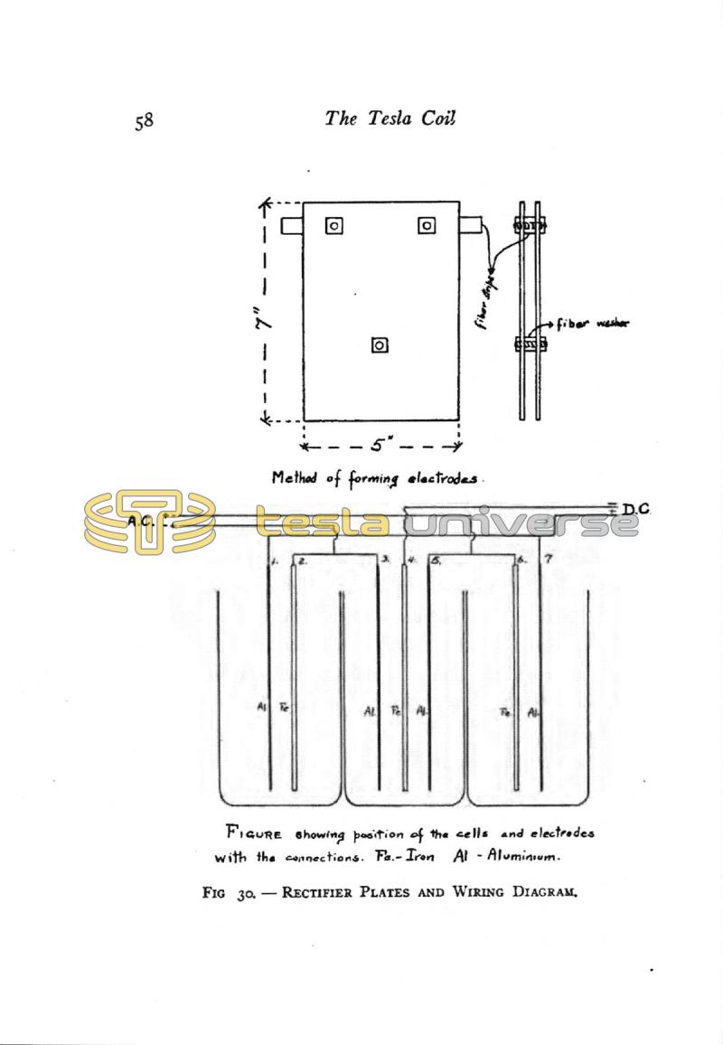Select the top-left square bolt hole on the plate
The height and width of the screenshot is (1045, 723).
pos(334,226)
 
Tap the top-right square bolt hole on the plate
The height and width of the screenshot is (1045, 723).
pos(426,225)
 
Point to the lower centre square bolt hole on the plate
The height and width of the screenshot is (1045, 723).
pos(380,344)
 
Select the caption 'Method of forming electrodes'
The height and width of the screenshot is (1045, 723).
pos(379,480)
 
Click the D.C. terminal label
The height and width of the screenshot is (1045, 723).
pos(636,510)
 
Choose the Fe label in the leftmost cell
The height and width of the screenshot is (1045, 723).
pos(284,706)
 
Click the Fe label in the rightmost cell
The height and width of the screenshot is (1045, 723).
pos(505,712)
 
